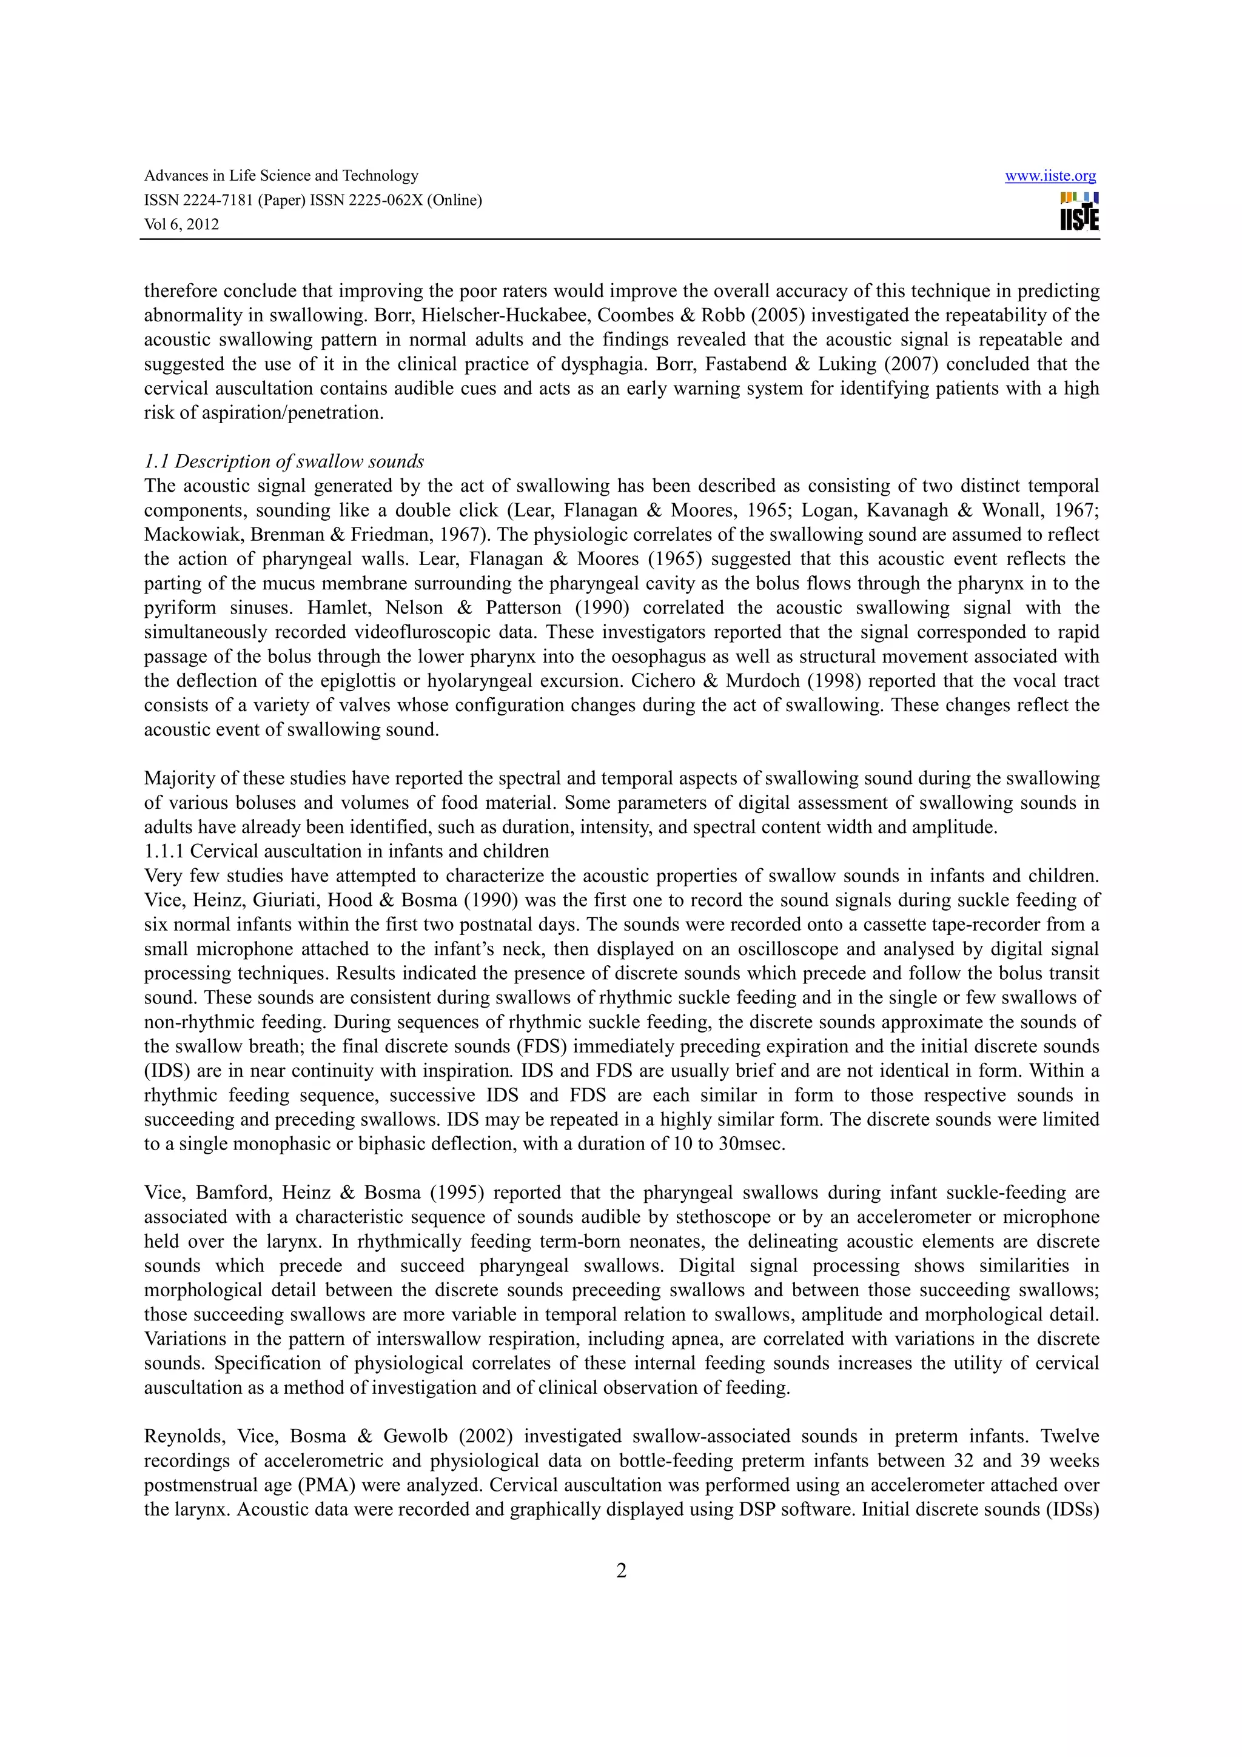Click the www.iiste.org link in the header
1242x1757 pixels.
(1049, 176)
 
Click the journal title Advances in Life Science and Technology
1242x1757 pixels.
(281, 176)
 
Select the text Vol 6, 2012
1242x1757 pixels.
(181, 225)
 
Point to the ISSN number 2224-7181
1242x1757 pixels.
(217, 201)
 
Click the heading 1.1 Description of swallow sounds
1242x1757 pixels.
(284, 461)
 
